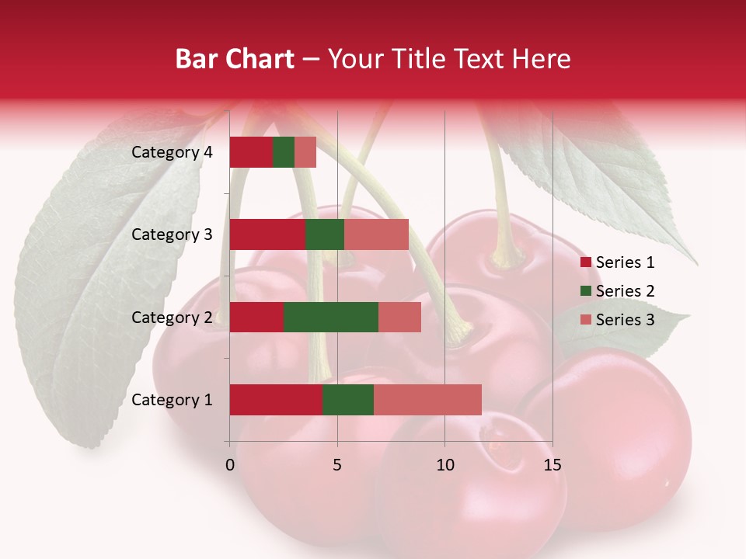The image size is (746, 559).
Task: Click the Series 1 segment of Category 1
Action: (276, 400)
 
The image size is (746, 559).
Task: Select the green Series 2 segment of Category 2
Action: (331, 317)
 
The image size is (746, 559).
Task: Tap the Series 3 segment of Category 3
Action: (376, 234)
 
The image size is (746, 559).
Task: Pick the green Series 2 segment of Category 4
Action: (284, 152)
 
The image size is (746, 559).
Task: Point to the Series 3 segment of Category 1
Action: (427, 400)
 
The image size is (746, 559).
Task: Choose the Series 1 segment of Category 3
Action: (267, 234)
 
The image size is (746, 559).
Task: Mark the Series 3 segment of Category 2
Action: (399, 317)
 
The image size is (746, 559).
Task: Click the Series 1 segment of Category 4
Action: (251, 152)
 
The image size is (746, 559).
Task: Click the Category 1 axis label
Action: (172, 400)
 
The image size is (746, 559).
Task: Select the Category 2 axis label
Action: (172, 318)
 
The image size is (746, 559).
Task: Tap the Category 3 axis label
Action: (172, 234)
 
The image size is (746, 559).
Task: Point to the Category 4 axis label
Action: (172, 152)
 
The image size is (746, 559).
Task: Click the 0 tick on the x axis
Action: (230, 465)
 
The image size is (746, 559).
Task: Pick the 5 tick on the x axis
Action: (337, 465)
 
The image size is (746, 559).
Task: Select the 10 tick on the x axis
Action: (444, 465)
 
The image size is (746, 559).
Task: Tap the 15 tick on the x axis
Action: (552, 465)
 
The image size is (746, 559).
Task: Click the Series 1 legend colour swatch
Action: (585, 262)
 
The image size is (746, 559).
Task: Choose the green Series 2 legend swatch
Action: (585, 291)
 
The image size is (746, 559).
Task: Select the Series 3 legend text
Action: (625, 319)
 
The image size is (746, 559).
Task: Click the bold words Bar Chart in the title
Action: (234, 59)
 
